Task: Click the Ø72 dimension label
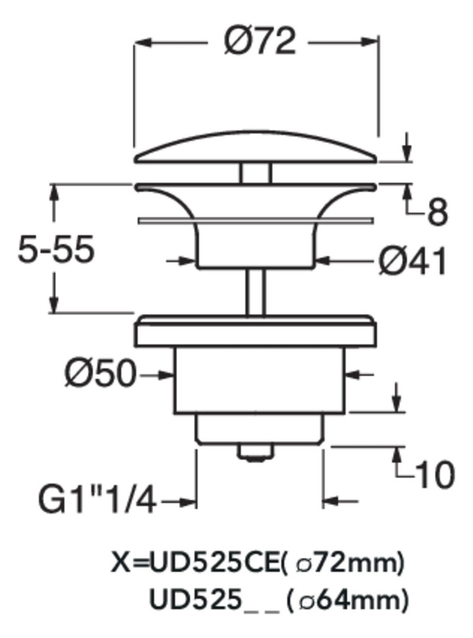coord(259,41)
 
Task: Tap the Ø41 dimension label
coord(412,261)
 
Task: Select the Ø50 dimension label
coord(99,373)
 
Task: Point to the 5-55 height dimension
coord(56,249)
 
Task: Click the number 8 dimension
coord(438,211)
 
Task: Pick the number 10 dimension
coord(435,475)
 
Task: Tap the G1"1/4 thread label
coord(97,500)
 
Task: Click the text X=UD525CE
coord(195,564)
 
